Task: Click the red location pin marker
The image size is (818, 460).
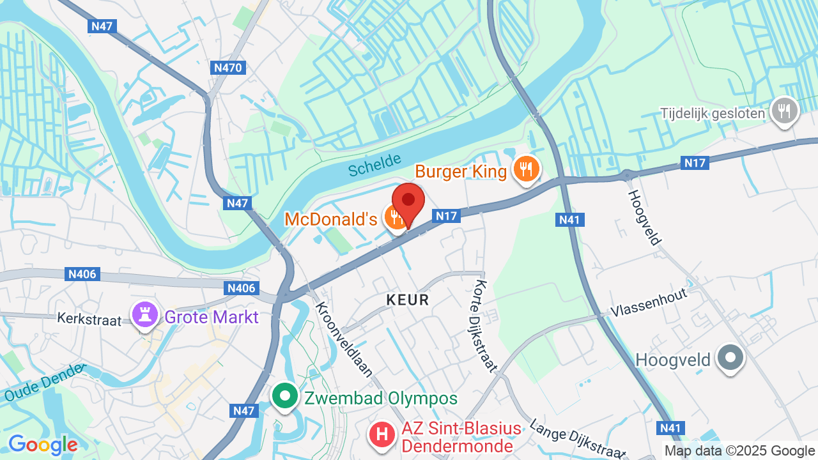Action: (408, 201)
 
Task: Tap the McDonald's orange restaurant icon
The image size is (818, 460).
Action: (396, 218)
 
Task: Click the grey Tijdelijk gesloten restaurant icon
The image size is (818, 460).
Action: (783, 112)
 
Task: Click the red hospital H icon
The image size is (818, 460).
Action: (382, 435)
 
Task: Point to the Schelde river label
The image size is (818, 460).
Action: (375, 165)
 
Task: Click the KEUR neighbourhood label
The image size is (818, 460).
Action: (408, 300)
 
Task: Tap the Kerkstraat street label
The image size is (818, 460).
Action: (90, 318)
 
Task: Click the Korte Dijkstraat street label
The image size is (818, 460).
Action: (486, 326)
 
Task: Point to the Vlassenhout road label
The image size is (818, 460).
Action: (648, 303)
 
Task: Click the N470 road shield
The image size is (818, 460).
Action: (228, 66)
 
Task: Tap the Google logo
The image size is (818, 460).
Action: (43, 445)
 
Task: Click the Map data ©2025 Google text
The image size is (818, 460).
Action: (739, 451)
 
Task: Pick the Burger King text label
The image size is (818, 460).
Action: (461, 171)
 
